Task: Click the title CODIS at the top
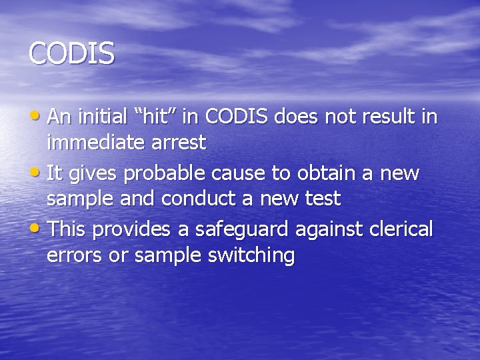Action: [x=72, y=53]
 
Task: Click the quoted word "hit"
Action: [x=159, y=117]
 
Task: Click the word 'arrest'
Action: [x=179, y=142]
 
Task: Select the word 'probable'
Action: [x=165, y=174]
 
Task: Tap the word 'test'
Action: [x=321, y=198]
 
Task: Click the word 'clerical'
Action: [x=398, y=230]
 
